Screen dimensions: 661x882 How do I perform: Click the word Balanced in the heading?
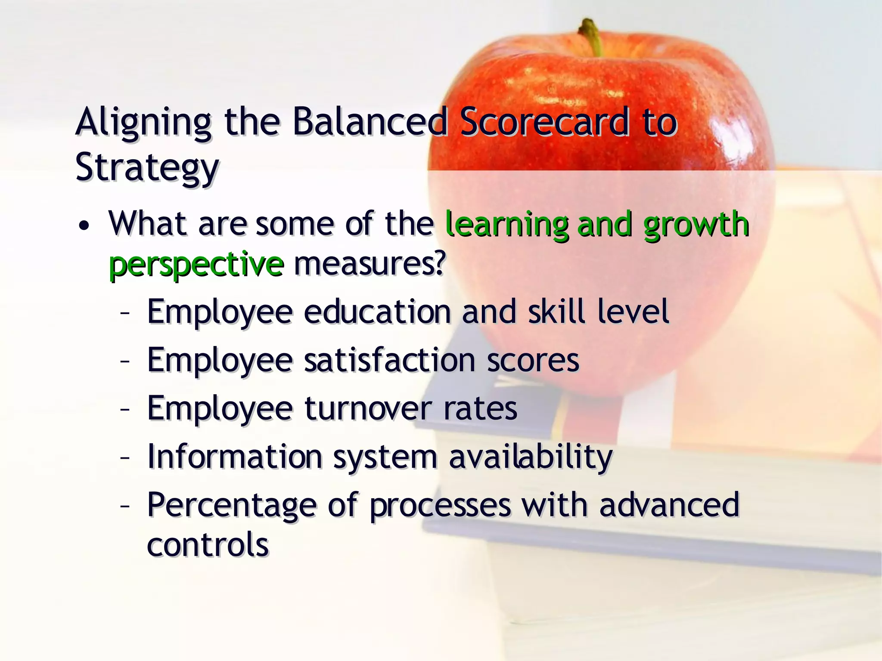(x=370, y=122)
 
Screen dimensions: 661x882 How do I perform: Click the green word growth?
(x=696, y=225)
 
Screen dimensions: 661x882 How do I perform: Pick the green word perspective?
(x=196, y=264)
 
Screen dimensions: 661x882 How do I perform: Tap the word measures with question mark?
(x=369, y=264)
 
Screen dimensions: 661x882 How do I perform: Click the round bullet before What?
(x=84, y=225)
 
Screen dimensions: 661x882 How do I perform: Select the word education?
(x=377, y=312)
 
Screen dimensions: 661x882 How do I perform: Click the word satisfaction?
(x=390, y=360)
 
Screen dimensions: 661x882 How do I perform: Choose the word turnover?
(x=368, y=408)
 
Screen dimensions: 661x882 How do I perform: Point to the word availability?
(x=531, y=457)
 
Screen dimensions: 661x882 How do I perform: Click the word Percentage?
(x=232, y=505)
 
